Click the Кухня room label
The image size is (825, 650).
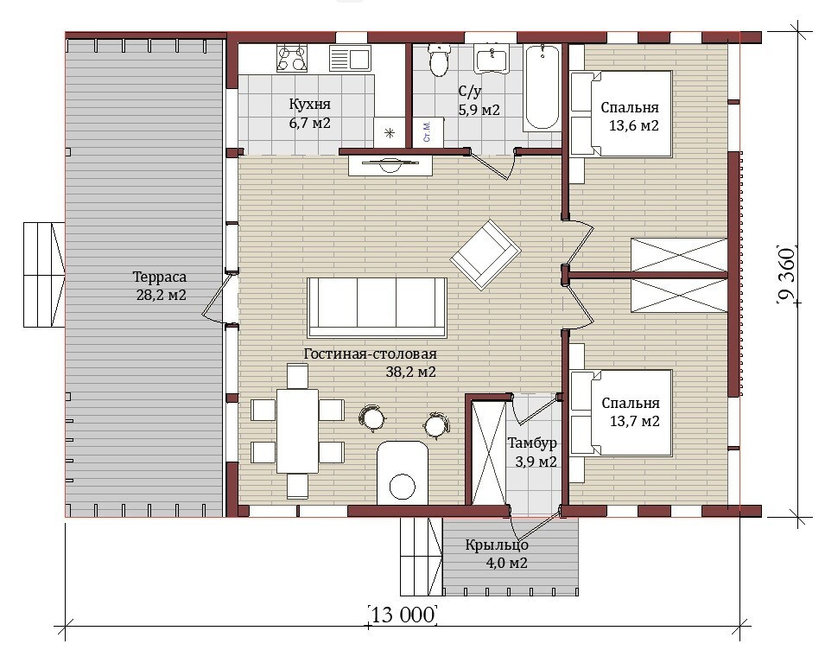[x=310, y=104]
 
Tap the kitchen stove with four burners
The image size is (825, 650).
[x=292, y=58]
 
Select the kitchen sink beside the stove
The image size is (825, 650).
[x=350, y=58]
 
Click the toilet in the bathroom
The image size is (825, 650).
[x=438, y=61]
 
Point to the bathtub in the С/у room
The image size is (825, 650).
[x=542, y=88]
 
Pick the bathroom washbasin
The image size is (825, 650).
[x=492, y=59]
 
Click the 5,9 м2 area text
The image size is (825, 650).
[x=479, y=110]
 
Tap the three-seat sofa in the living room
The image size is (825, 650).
[x=378, y=308]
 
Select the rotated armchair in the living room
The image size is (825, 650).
[x=485, y=254]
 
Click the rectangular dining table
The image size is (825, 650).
[x=298, y=431]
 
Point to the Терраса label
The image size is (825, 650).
[x=160, y=277]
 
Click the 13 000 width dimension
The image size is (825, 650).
[x=404, y=615]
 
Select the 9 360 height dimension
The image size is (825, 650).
[x=785, y=274]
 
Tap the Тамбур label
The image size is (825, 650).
[x=532, y=443]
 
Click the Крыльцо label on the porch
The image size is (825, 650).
[x=497, y=545]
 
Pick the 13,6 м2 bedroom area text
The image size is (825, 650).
[x=634, y=126]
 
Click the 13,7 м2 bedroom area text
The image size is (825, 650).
[x=635, y=421]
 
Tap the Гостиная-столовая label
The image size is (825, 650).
[x=371, y=354]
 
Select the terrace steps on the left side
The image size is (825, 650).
[x=44, y=275]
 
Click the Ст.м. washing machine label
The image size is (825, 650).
[x=427, y=131]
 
